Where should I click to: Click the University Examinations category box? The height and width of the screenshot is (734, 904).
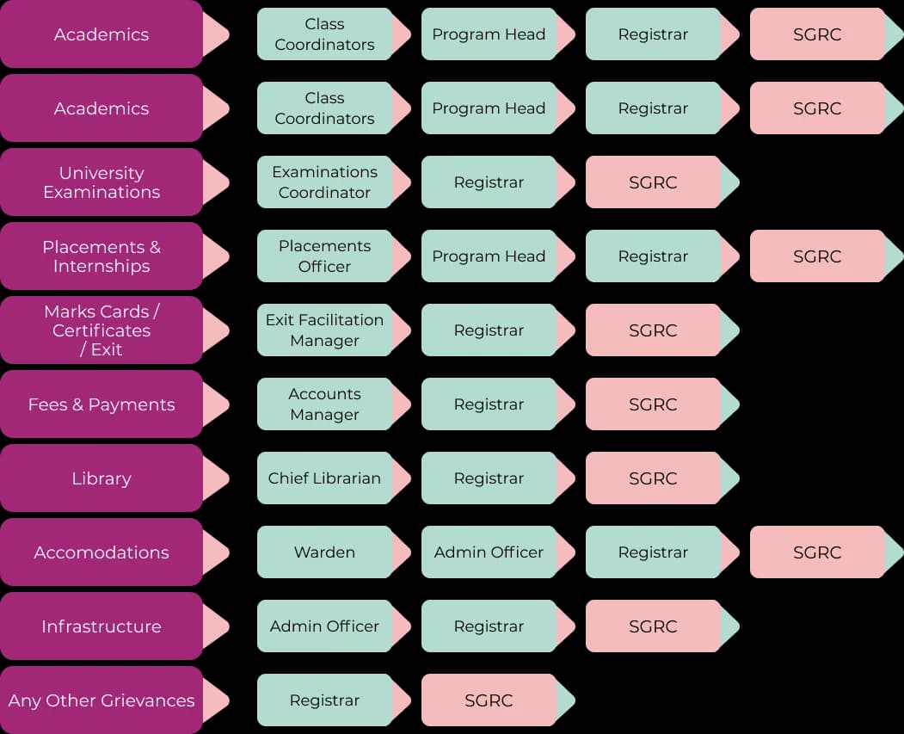pyautogui.click(x=101, y=182)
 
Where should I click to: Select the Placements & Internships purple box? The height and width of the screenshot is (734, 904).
pyautogui.click(x=101, y=256)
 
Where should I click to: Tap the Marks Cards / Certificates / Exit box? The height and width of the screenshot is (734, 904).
pyautogui.click(x=101, y=330)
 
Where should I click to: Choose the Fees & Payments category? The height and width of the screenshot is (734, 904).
pyautogui.click(x=101, y=404)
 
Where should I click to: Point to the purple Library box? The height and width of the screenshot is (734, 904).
pyautogui.click(x=101, y=478)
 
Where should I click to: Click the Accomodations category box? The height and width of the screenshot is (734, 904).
pyautogui.click(x=101, y=552)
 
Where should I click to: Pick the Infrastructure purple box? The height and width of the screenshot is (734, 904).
pyautogui.click(x=101, y=626)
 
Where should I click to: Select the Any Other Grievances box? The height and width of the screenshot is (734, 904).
pyautogui.click(x=101, y=700)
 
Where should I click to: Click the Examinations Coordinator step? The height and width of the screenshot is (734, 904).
pyautogui.click(x=324, y=182)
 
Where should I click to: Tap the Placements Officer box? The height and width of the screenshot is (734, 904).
pyautogui.click(x=324, y=256)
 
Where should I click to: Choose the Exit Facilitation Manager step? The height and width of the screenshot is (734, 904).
pyautogui.click(x=324, y=330)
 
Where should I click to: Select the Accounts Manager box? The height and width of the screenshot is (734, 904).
pyautogui.click(x=324, y=404)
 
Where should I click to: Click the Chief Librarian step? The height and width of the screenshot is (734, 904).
pyautogui.click(x=324, y=478)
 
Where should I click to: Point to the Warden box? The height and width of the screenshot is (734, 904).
pyautogui.click(x=324, y=552)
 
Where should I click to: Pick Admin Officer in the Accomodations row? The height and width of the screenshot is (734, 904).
pyautogui.click(x=489, y=552)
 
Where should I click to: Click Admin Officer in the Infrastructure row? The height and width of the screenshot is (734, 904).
pyautogui.click(x=324, y=626)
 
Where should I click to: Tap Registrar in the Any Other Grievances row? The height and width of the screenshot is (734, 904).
pyautogui.click(x=324, y=700)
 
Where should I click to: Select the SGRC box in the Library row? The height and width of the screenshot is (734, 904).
pyautogui.click(x=653, y=478)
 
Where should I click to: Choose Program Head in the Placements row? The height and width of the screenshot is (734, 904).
pyautogui.click(x=489, y=256)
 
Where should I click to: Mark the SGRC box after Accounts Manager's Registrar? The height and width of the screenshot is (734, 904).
pyautogui.click(x=653, y=404)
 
